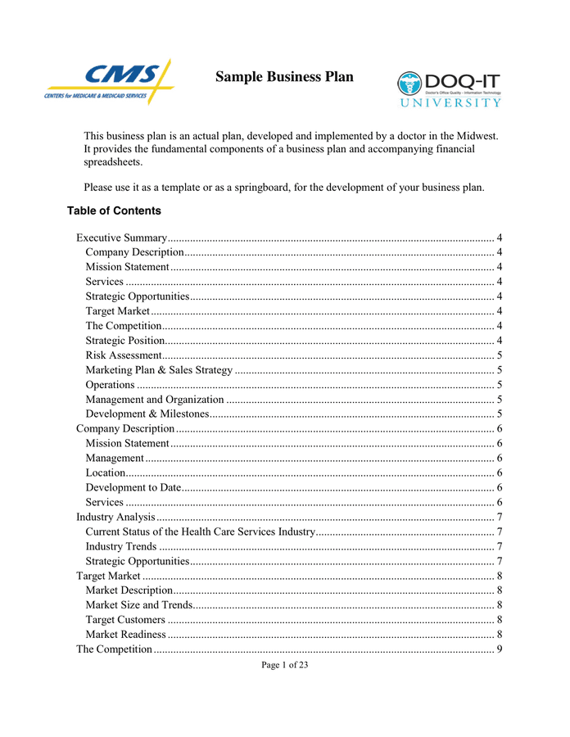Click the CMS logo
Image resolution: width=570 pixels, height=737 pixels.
[x=110, y=82]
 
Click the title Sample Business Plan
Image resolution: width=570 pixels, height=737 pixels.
[x=284, y=77]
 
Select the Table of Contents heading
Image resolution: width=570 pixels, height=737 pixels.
[x=114, y=210]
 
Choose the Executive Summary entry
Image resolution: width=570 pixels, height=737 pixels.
[x=122, y=237]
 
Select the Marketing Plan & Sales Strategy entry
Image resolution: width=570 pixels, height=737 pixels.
[x=159, y=370]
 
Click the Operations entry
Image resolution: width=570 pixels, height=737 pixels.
[x=110, y=385]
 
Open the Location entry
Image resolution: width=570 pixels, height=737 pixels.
[x=106, y=472]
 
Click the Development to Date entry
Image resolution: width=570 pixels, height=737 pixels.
[x=133, y=487]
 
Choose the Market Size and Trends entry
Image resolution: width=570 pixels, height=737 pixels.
[x=139, y=605]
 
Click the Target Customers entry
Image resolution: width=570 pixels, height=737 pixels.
[x=125, y=620]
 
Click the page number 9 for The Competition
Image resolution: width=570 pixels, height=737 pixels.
[x=500, y=649]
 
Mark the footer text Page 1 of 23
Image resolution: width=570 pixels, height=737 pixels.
[x=285, y=665]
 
